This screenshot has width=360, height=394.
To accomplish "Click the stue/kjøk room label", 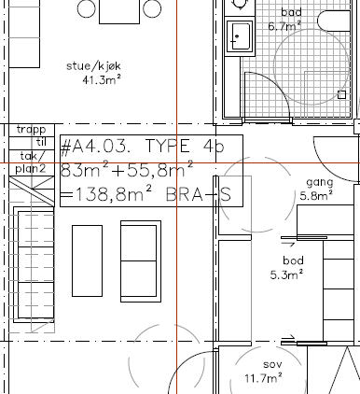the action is pos(93,66).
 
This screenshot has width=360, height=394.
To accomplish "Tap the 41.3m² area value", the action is pos(102,80).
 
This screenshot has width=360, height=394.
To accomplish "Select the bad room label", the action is pos(291,12).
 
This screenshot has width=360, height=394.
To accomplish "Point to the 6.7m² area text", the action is pos(284,26).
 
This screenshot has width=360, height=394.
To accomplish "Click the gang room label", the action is pos(320,182).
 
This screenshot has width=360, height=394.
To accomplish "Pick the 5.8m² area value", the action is pos(316,196).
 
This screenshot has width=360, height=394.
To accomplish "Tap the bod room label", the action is pos(293,260).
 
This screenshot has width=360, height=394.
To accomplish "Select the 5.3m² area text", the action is pos(286,274).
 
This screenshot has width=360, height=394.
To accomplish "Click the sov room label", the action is pos(272,364).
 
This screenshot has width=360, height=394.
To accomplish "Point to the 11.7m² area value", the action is pos(263,378).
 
